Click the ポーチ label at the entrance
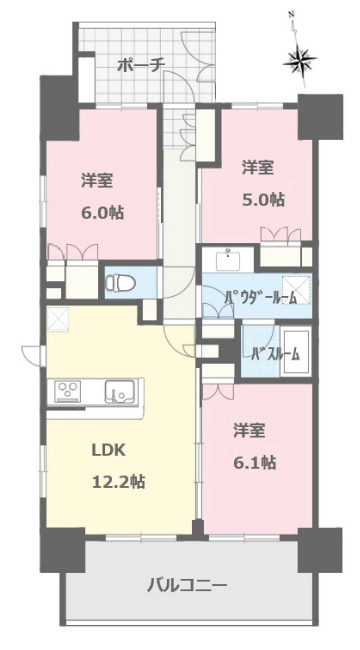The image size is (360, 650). (x=141, y=65)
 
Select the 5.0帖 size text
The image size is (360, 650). (x=263, y=200)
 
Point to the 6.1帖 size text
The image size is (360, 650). (x=255, y=462)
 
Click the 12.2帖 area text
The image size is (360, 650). (x=119, y=482)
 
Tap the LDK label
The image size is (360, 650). (x=109, y=451)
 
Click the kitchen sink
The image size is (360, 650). (x=119, y=391)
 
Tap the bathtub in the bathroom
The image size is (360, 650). (x=296, y=351)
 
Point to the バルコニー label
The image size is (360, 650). (x=187, y=586)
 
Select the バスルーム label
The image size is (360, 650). (x=275, y=354)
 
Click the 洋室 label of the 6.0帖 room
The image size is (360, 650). (x=97, y=181)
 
